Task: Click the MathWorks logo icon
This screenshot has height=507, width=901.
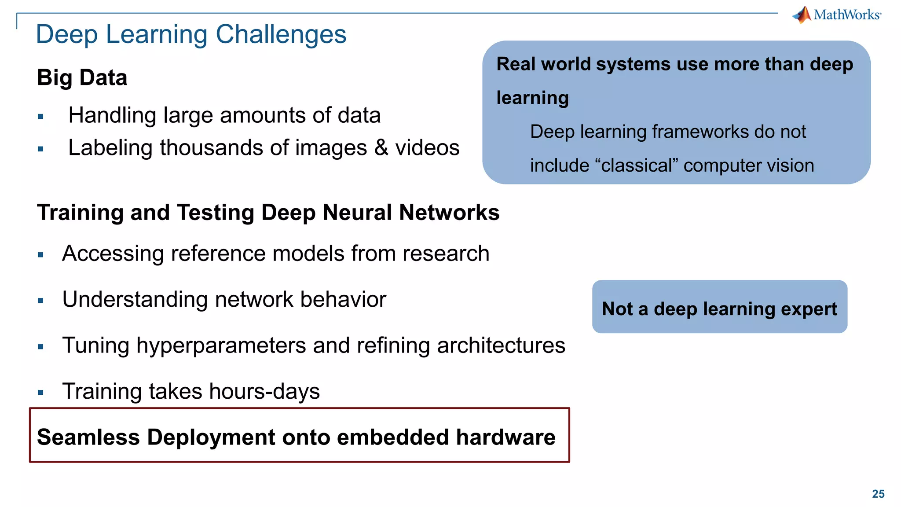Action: (x=802, y=15)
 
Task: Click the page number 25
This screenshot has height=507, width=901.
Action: (x=878, y=494)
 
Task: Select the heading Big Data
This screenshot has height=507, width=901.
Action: (x=82, y=78)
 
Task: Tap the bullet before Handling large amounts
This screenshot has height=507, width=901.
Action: (x=40, y=117)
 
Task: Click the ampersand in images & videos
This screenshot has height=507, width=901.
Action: (x=381, y=147)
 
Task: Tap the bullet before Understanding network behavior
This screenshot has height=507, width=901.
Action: (x=40, y=301)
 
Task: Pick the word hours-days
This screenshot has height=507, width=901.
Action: (x=264, y=392)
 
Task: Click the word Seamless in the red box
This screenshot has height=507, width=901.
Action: (x=88, y=437)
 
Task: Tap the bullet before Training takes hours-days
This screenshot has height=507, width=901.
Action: (x=40, y=393)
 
